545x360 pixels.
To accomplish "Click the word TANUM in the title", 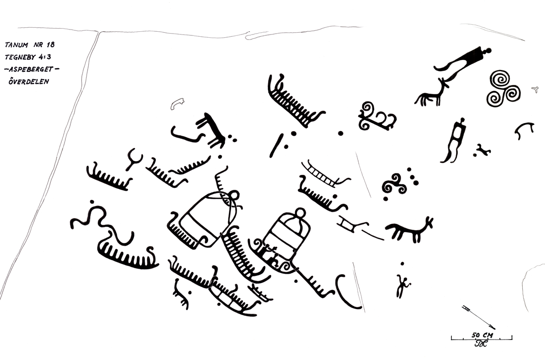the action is tap(16, 45).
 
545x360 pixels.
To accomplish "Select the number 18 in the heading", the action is tap(50, 44).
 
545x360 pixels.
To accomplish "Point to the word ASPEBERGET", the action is tap(31, 69).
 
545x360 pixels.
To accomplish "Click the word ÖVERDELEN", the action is tap(29, 81).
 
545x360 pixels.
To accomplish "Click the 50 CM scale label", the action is tap(482, 335).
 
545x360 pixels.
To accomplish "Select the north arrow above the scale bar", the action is tap(479, 317).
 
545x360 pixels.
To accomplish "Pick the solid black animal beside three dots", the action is tap(211, 131).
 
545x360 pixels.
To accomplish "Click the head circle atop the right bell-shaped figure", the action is tap(300, 213).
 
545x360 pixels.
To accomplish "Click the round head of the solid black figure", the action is tap(487, 51).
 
